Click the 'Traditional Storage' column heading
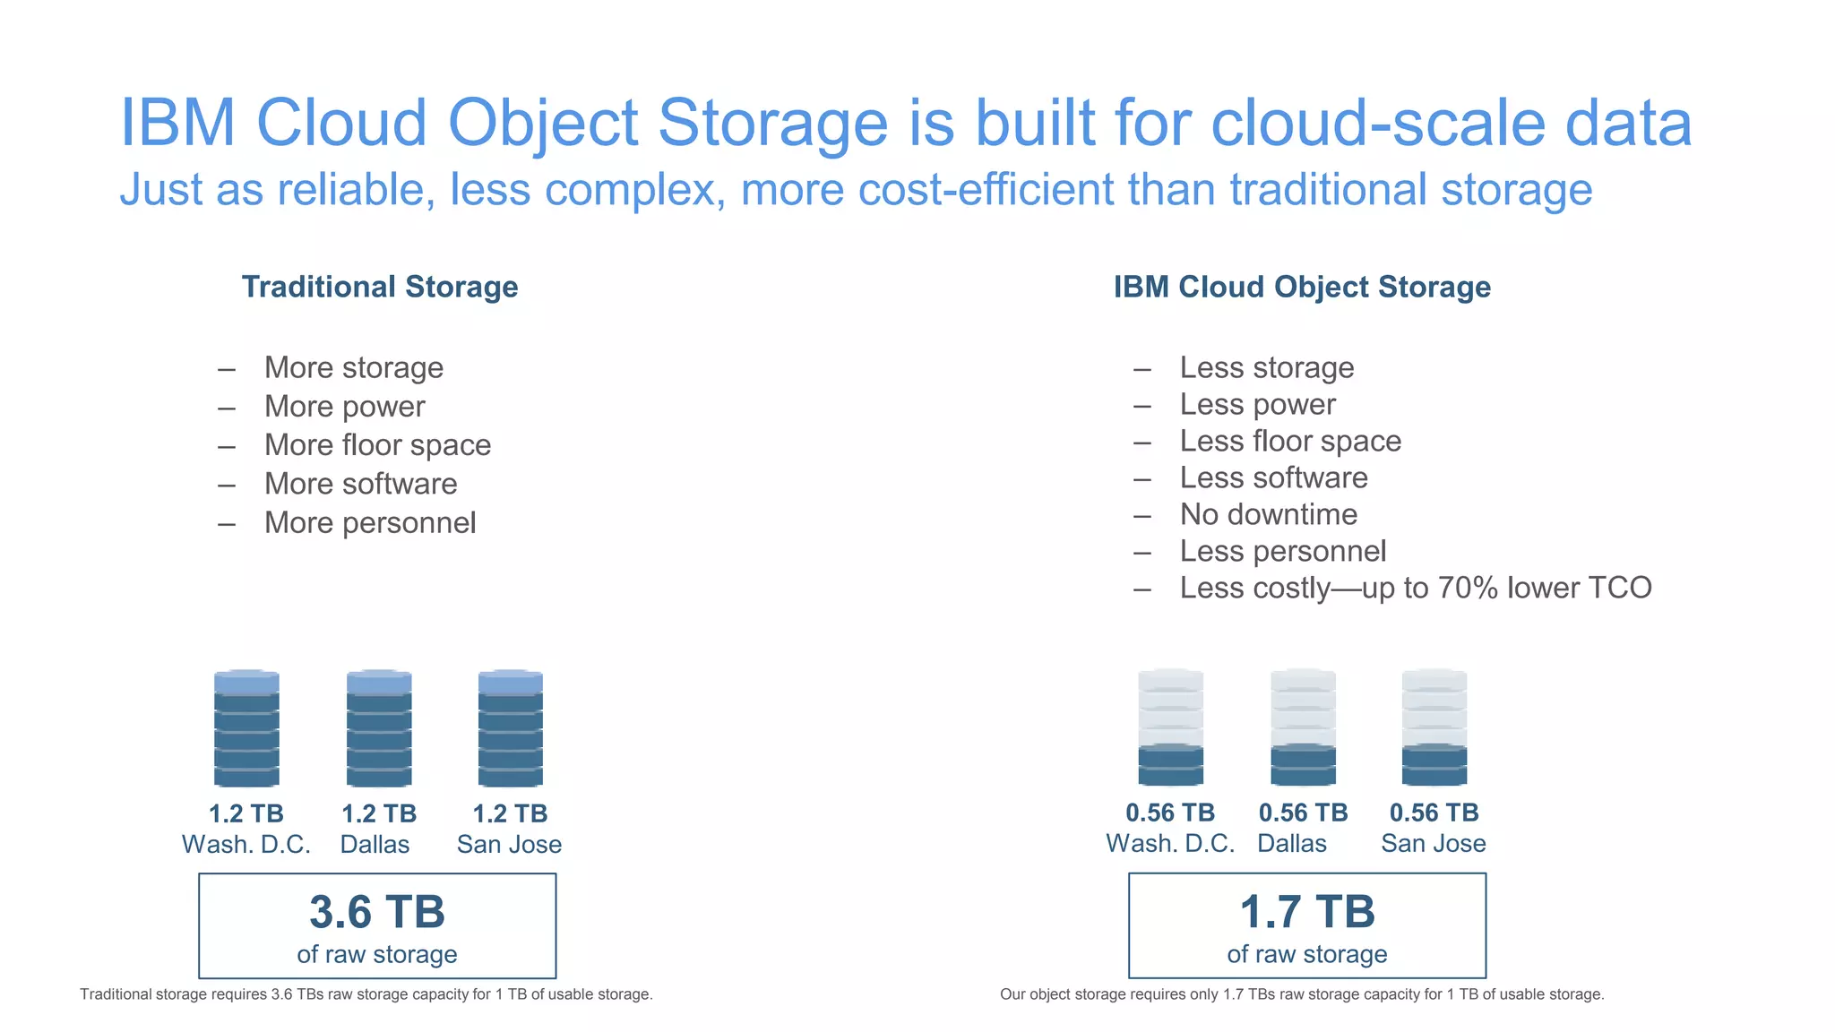[x=380, y=288]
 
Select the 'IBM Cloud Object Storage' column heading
[x=1302, y=288]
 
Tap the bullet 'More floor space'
[x=377, y=445]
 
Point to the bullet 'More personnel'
[x=369, y=523]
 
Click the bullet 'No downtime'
[x=1268, y=515]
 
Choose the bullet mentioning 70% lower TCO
[x=1415, y=589]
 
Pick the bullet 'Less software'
[x=1273, y=478]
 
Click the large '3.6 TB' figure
[x=377, y=912]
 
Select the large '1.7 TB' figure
[x=1306, y=912]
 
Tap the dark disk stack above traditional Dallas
[x=379, y=728]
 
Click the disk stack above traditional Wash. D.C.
[x=246, y=728]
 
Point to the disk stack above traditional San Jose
[x=511, y=728]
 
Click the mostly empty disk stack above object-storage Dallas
[x=1303, y=727]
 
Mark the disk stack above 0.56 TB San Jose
[x=1434, y=727]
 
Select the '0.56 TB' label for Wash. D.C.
[x=1170, y=813]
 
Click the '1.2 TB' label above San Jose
[x=510, y=814]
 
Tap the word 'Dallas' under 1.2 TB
[x=375, y=845]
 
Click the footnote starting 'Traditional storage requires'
[x=366, y=994]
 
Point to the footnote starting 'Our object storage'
[x=1301, y=994]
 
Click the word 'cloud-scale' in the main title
[x=1379, y=123]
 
